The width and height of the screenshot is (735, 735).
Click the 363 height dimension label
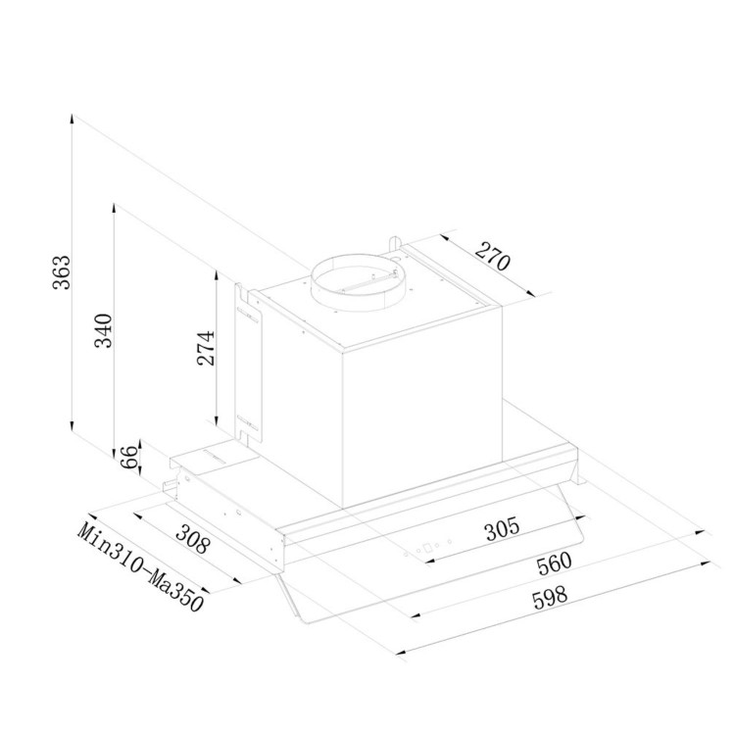click(x=62, y=271)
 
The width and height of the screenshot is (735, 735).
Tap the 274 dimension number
click(x=206, y=348)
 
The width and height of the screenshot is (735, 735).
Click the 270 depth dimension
click(x=493, y=256)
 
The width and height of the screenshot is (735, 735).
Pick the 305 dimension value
click(x=501, y=529)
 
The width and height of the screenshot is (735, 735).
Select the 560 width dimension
click(x=553, y=565)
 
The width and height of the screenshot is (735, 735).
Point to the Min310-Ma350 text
click(x=140, y=566)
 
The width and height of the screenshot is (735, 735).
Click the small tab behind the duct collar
click(x=392, y=241)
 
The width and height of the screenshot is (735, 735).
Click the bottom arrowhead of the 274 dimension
click(x=217, y=423)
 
